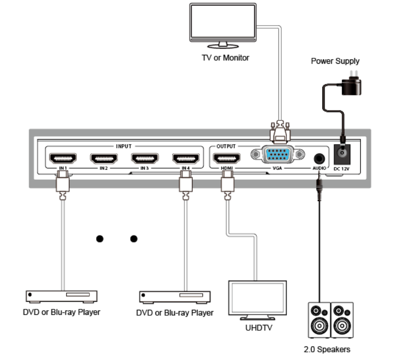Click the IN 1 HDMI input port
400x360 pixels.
coord(62,159)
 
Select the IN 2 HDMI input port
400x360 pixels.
coord(104,159)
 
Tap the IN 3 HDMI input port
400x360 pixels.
coord(145,159)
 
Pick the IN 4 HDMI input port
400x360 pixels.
coord(186,159)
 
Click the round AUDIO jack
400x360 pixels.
coord(319,157)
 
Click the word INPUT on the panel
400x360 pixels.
coord(124,146)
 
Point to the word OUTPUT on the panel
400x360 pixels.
coord(226,146)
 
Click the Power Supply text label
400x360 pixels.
coord(335,61)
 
